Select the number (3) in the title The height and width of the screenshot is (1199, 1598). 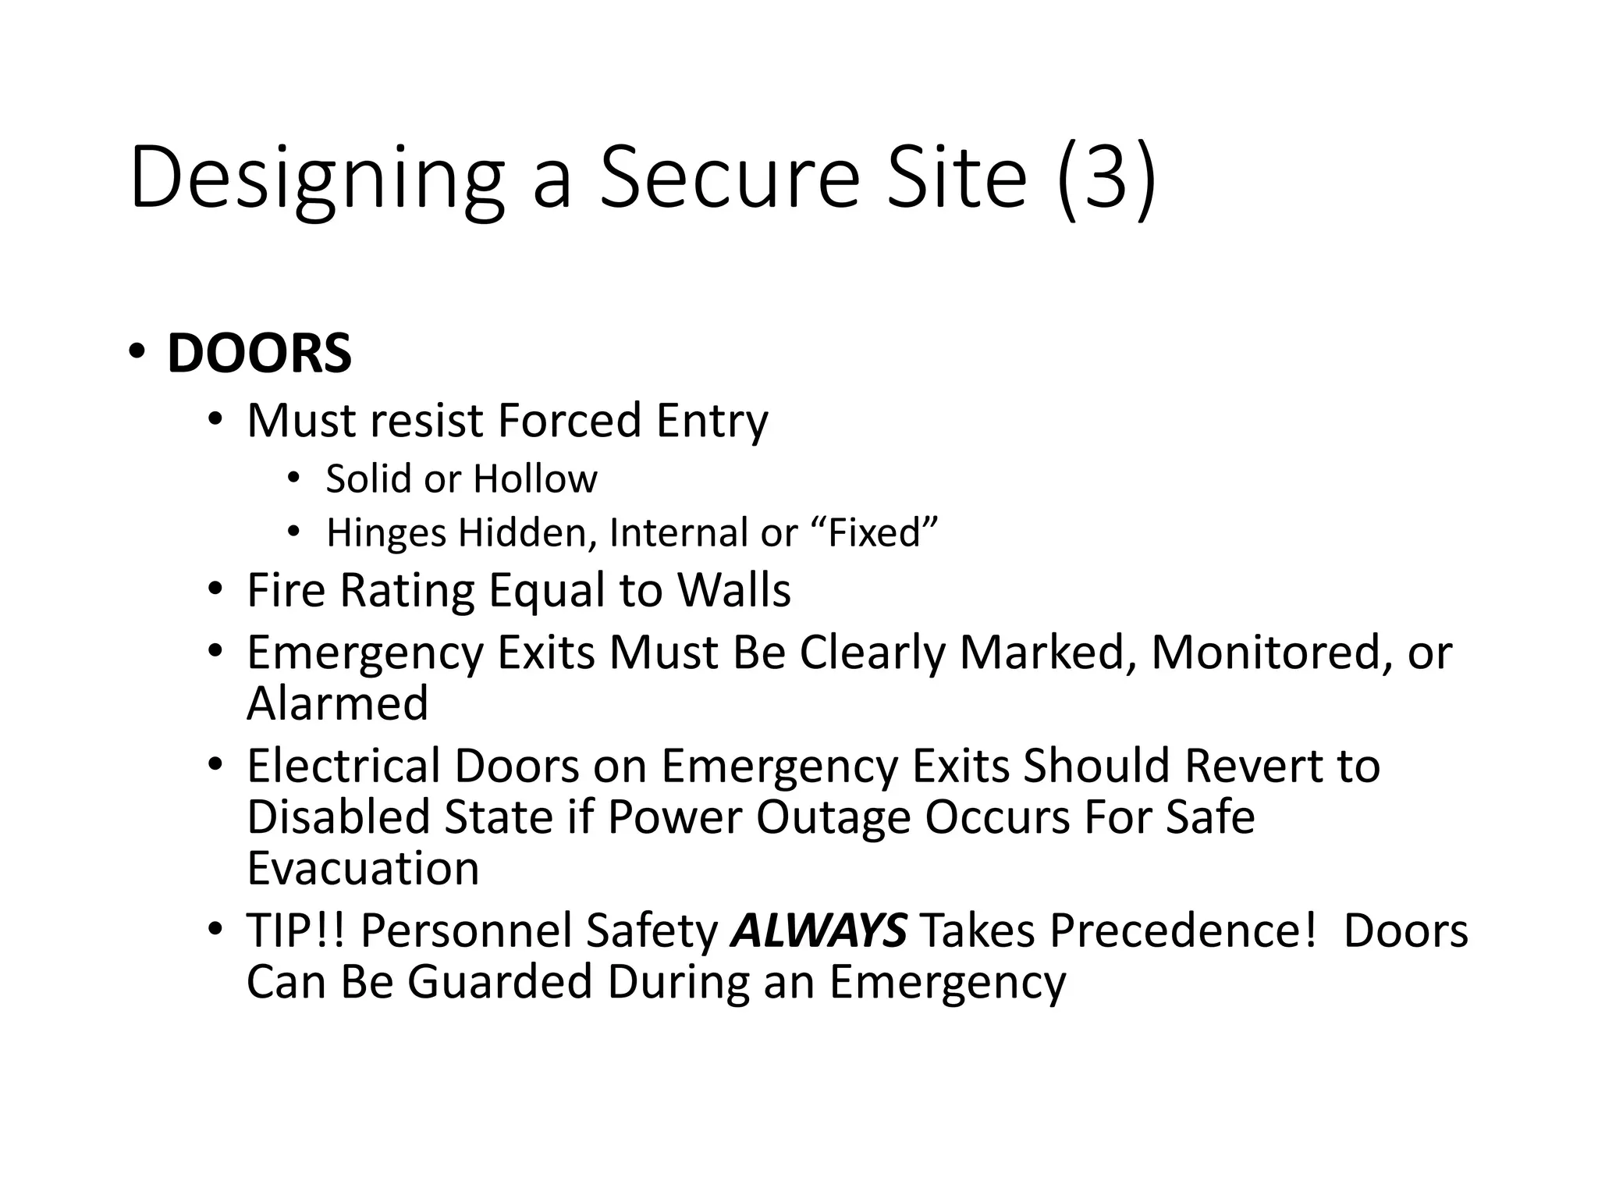[1106, 178]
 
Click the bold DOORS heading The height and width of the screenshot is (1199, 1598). [259, 354]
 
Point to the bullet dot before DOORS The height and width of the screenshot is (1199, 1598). [137, 350]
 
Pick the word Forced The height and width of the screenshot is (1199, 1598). [569, 420]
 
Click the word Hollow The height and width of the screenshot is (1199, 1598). [534, 479]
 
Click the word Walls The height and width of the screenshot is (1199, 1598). [733, 590]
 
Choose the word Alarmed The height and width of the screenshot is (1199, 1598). [337, 703]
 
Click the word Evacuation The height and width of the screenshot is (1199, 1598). [363, 868]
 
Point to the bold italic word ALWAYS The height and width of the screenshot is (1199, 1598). [819, 930]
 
